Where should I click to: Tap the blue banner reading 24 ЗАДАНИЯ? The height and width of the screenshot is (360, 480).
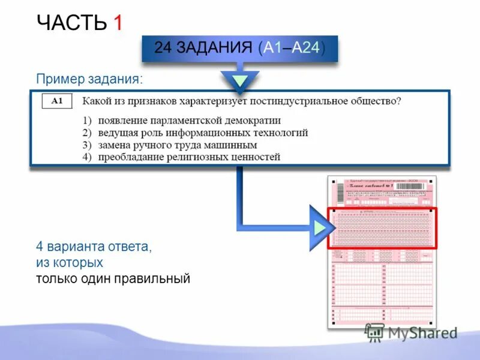(x=239, y=49)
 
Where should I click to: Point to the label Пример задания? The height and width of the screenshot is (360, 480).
(x=90, y=79)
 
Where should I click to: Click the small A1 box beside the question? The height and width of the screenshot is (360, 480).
(x=57, y=101)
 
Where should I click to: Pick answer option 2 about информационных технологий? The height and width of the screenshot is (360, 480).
(x=195, y=133)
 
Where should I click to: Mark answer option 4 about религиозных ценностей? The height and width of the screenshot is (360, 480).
(x=181, y=157)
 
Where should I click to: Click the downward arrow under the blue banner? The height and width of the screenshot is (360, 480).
(x=239, y=80)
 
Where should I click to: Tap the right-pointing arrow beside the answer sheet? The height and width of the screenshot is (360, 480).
(x=318, y=227)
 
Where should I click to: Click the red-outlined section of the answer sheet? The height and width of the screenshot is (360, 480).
(x=382, y=228)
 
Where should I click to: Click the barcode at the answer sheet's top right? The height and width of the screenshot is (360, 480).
(x=416, y=187)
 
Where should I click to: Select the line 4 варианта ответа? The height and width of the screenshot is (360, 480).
(x=94, y=247)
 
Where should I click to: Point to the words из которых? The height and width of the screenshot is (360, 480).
(x=70, y=263)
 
